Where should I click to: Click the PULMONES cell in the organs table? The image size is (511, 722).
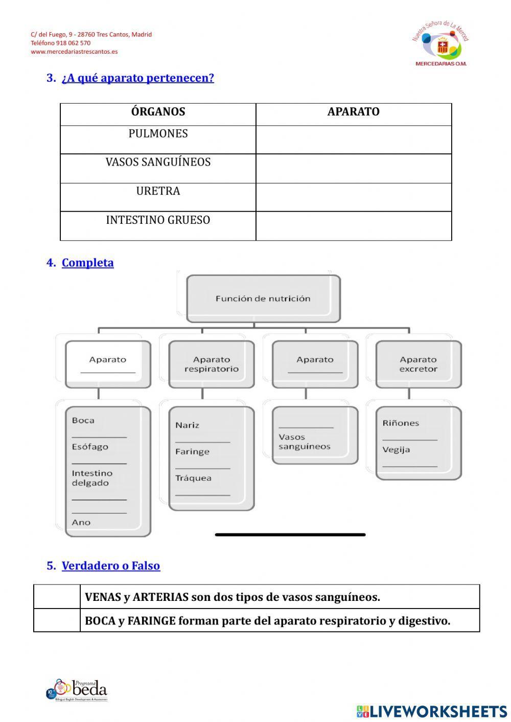[x=158, y=134]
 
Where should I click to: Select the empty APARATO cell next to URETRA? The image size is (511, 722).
[x=354, y=197]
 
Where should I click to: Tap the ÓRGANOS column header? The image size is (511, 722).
[x=158, y=112]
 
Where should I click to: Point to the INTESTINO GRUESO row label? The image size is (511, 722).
[x=158, y=220]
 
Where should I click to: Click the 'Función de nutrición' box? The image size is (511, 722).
[x=263, y=299]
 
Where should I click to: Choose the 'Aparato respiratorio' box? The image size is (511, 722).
[x=212, y=364]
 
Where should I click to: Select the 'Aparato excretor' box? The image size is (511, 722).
[x=419, y=364]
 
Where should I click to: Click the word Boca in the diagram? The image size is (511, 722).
[x=83, y=421]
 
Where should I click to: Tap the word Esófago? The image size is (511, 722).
[x=90, y=447]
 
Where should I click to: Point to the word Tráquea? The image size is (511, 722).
[x=193, y=478]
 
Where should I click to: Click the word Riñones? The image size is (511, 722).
[x=401, y=423]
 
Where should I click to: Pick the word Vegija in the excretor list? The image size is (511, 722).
[x=396, y=450]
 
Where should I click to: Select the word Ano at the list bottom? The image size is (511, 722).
[x=81, y=522]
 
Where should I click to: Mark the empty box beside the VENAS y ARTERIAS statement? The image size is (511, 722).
[x=57, y=597]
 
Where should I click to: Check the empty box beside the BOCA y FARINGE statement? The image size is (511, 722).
[x=57, y=620]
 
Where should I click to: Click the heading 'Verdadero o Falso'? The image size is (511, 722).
[x=111, y=566]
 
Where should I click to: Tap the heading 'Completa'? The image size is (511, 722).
[x=88, y=263]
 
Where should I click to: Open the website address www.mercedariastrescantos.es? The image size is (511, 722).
[x=74, y=52]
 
